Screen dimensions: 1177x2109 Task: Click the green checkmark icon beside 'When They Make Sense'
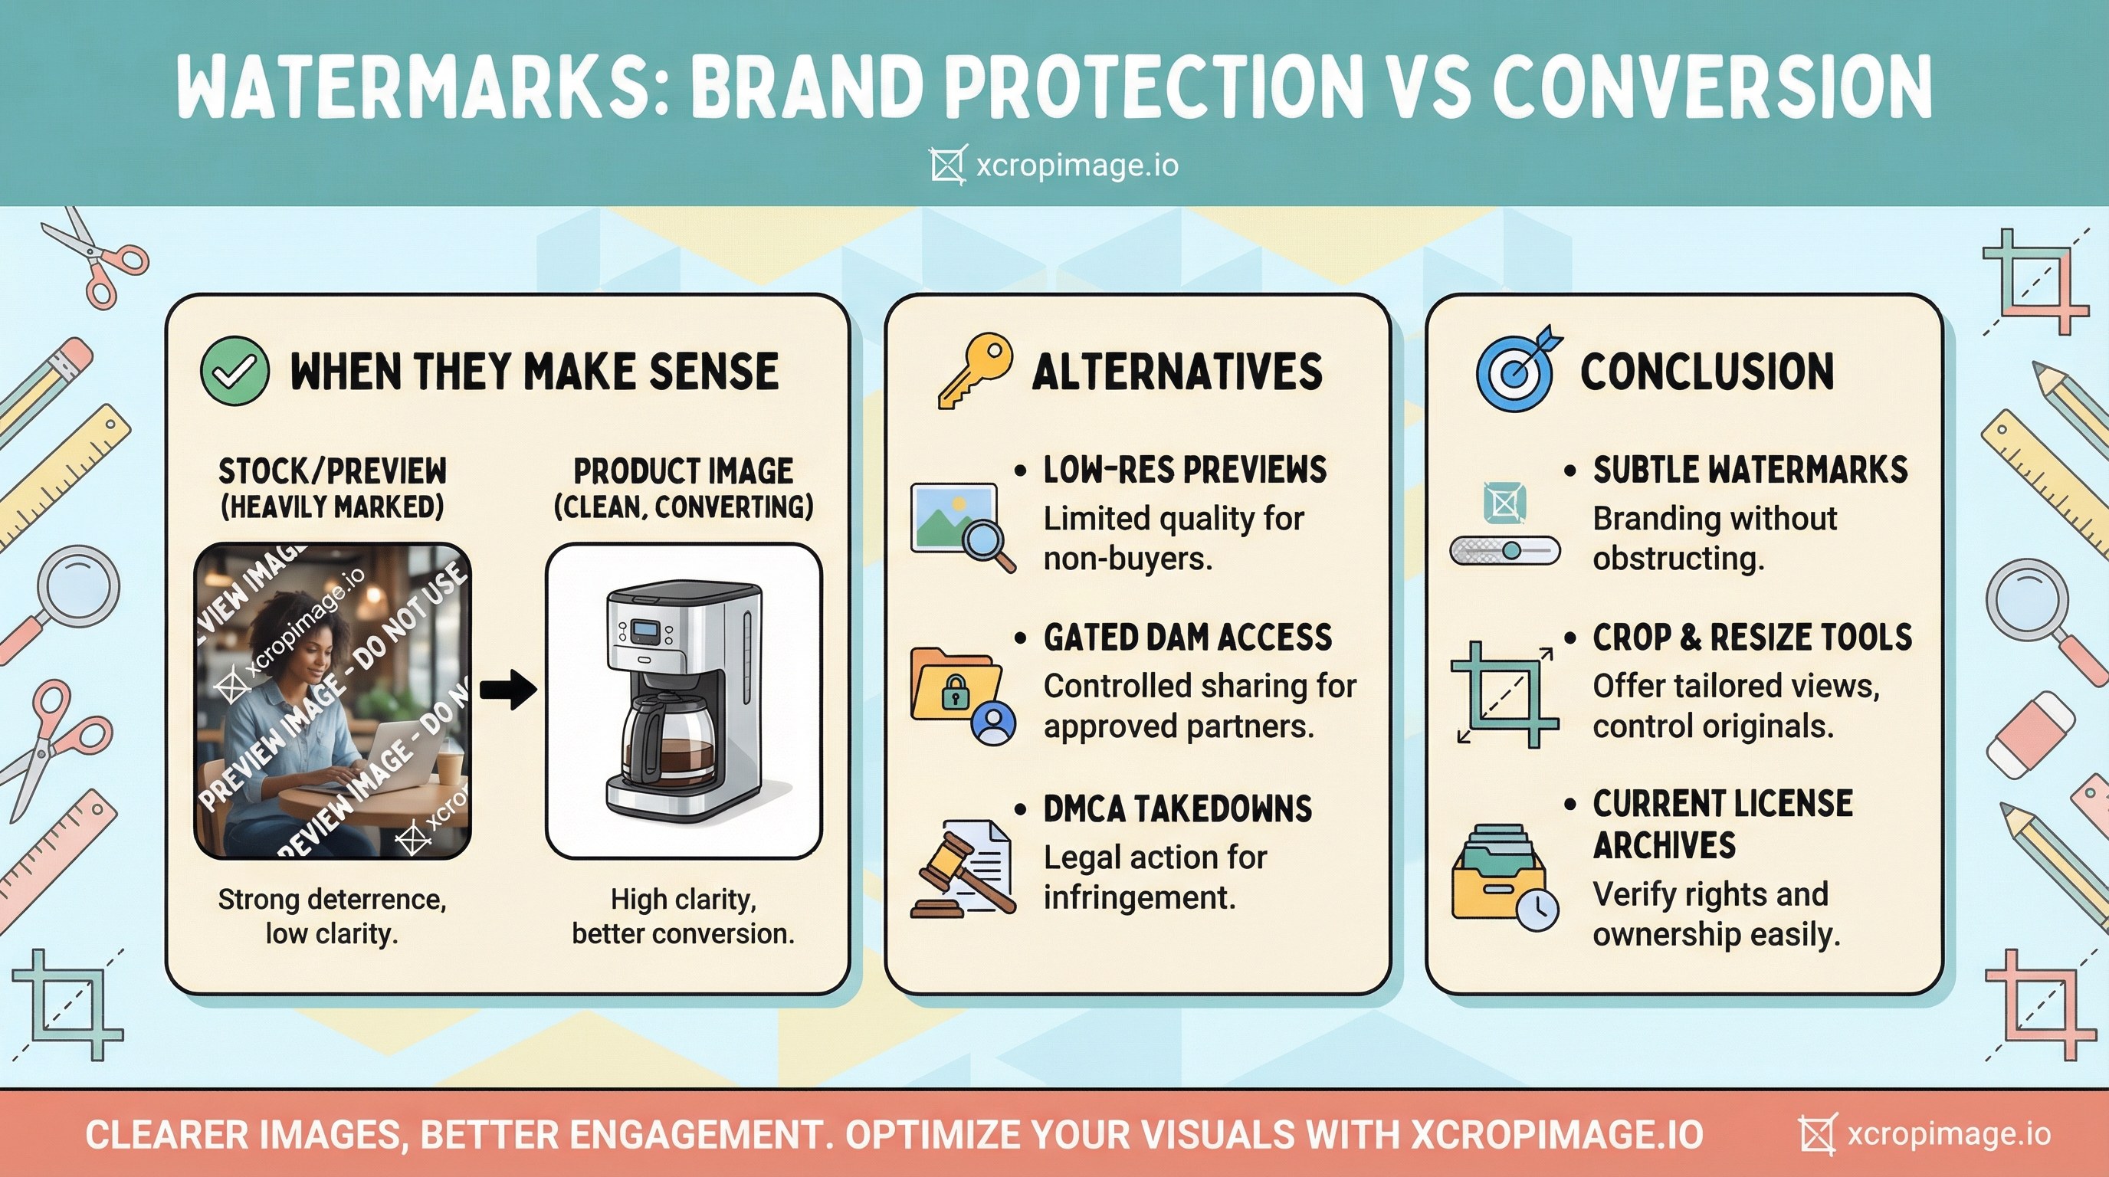click(x=235, y=371)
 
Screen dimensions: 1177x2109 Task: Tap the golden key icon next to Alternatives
click(x=973, y=370)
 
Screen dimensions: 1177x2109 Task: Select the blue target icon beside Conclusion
click(x=1517, y=370)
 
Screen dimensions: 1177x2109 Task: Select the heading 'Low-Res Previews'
click(x=1185, y=470)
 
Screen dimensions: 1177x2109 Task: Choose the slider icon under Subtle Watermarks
click(x=1505, y=550)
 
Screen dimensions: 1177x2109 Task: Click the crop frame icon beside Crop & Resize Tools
click(x=1505, y=694)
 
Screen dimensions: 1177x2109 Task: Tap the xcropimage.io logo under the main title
click(x=1054, y=166)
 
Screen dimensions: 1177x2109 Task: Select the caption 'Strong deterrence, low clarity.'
click(x=332, y=916)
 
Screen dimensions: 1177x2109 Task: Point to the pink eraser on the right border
click(x=2030, y=736)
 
